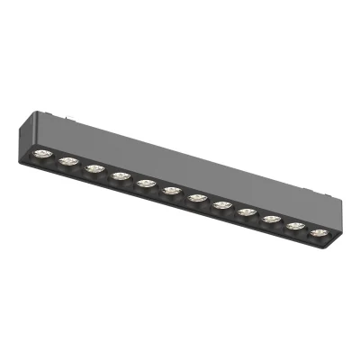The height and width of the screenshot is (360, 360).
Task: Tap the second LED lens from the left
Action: coord(68,160)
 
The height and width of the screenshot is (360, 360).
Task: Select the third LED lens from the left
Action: coord(94,167)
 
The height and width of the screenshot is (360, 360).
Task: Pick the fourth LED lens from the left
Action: coord(121,175)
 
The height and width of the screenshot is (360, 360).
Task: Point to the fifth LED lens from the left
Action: coord(146,183)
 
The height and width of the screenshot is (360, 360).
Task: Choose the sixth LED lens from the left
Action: coord(171,190)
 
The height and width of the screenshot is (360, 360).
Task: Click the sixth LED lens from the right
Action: coord(196,197)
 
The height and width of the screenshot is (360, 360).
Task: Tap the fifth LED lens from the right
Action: coord(221,204)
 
